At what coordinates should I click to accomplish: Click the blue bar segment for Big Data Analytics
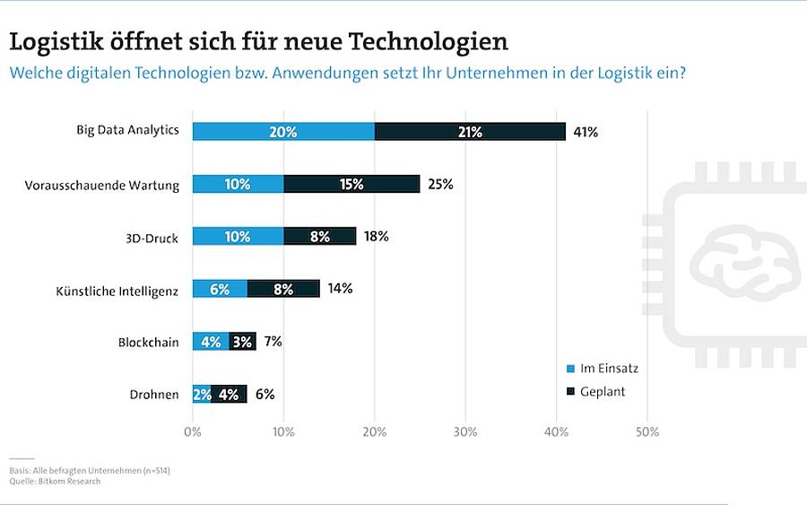(x=283, y=131)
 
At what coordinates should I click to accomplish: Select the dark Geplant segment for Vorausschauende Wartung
(x=351, y=184)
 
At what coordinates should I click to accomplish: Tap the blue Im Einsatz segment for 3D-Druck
(x=239, y=236)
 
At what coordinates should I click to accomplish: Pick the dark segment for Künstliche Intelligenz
(x=283, y=289)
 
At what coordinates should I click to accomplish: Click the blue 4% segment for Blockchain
(x=211, y=341)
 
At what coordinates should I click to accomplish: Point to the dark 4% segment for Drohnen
(x=229, y=394)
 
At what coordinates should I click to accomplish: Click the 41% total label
(x=586, y=132)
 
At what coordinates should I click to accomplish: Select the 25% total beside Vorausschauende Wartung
(x=440, y=184)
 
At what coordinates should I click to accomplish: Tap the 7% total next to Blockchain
(x=273, y=341)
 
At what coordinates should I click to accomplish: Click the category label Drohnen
(x=154, y=395)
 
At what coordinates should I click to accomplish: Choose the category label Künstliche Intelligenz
(x=117, y=291)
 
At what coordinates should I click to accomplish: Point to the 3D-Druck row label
(x=152, y=239)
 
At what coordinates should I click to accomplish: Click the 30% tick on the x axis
(x=465, y=432)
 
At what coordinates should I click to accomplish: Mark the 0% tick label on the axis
(x=193, y=432)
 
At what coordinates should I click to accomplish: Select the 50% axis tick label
(x=646, y=432)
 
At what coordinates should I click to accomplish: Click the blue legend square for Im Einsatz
(x=570, y=369)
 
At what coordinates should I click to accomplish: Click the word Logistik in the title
(x=56, y=42)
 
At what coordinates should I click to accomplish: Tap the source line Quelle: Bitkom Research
(x=55, y=482)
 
